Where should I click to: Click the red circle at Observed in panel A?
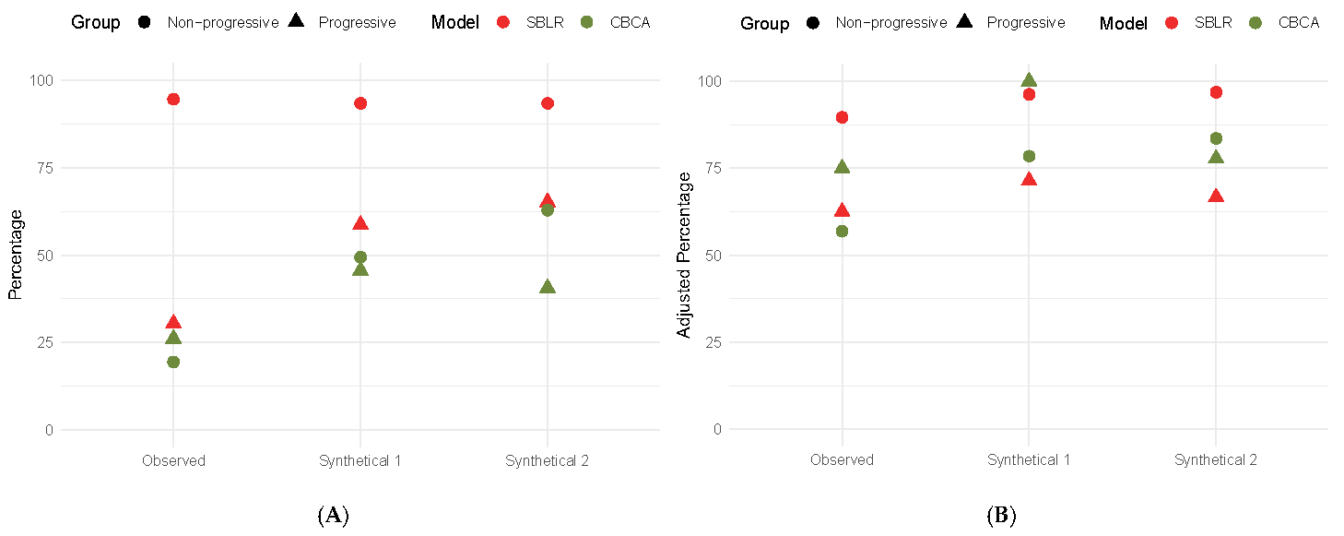point(173,100)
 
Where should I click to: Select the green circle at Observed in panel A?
point(173,362)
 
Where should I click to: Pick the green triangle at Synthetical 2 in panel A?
point(548,287)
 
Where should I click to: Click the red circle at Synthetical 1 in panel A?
point(360,103)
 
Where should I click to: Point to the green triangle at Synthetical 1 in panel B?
point(1029,81)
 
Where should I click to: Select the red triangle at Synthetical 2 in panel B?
point(1216,197)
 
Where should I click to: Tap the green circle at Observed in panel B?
point(842,231)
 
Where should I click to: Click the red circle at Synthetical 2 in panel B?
point(1216,92)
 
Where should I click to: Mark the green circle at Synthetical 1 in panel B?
point(1029,156)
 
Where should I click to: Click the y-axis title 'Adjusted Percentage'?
point(684,254)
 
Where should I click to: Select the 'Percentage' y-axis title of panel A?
point(16,254)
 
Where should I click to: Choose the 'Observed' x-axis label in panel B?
point(842,460)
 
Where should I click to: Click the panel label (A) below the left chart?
point(333,517)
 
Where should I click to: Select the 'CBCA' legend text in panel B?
point(1297,23)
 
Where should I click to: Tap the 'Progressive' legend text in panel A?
point(357,23)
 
